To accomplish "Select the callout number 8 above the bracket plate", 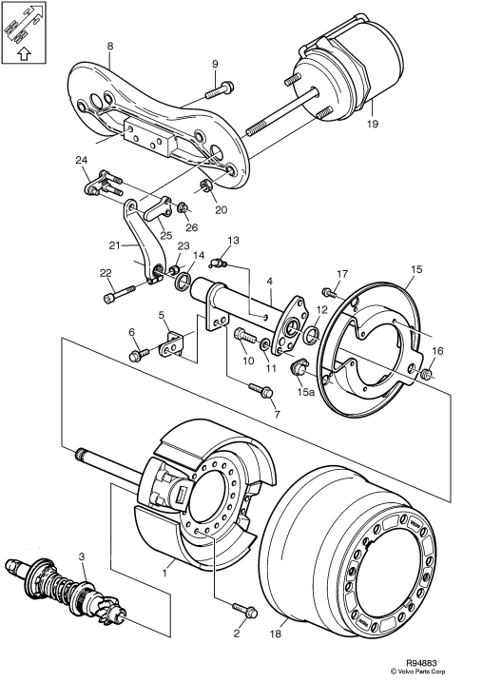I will [109, 46].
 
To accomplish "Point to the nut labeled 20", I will [206, 185].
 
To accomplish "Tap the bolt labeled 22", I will [114, 298].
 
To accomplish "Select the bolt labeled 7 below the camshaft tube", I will [259, 391].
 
